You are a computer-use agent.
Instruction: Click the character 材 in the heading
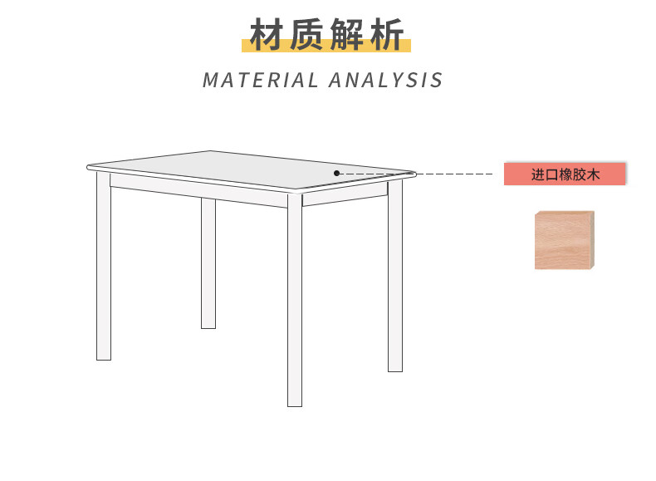(x=268, y=36)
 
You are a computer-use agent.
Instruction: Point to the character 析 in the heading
(x=385, y=36)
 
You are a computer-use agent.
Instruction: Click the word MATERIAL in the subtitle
(x=260, y=81)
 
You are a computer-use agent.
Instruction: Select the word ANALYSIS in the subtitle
(x=386, y=81)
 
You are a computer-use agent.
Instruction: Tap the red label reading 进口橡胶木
(x=565, y=174)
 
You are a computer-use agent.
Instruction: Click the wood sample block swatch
(x=565, y=240)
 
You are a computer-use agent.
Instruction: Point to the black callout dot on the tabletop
(x=337, y=173)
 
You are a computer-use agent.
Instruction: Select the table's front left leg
(x=104, y=266)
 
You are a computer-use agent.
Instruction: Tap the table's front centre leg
(x=295, y=299)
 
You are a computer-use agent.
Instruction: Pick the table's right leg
(x=395, y=274)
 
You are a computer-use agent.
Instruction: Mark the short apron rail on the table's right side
(x=345, y=197)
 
